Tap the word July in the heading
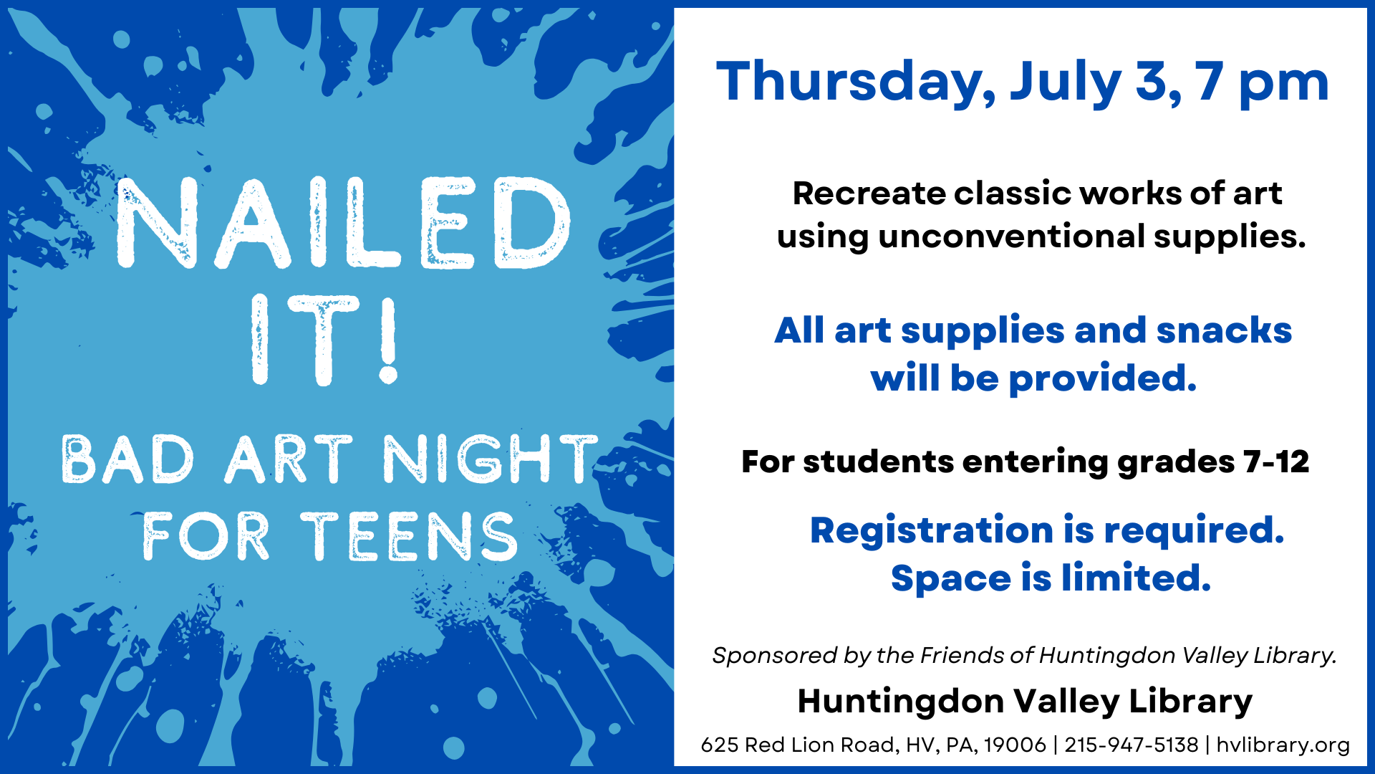tap(1066, 83)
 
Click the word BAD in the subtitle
tap(128, 459)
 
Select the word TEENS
tap(409, 536)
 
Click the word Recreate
tap(869, 193)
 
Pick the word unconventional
tap(1012, 236)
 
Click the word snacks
tap(1224, 330)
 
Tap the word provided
tap(1103, 378)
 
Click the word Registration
tap(932, 530)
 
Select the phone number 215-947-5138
tap(1132, 745)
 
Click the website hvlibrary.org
tap(1283, 745)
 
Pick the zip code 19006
tap(1015, 745)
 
